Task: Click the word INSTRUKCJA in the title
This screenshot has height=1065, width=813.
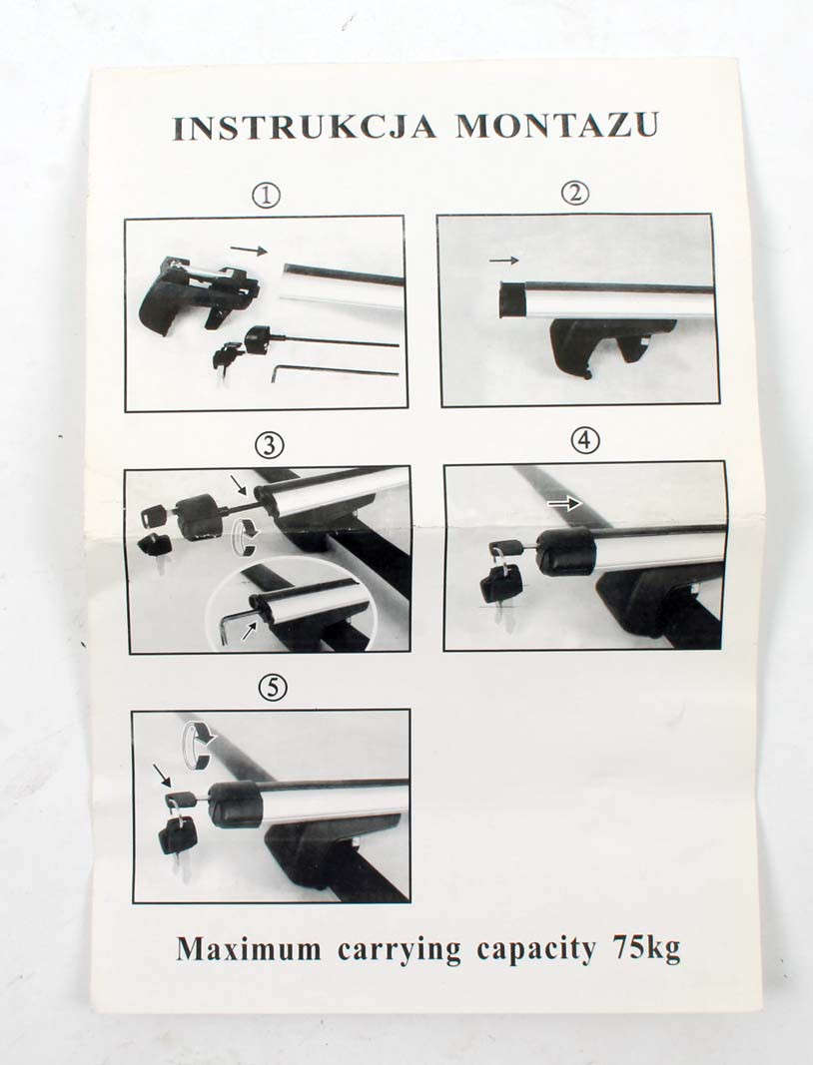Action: pyautogui.click(x=304, y=127)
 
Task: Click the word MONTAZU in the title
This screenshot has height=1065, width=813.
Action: pyautogui.click(x=557, y=125)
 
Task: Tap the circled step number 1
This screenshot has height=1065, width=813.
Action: pyautogui.click(x=267, y=197)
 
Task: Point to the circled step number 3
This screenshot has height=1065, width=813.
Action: pyautogui.click(x=270, y=445)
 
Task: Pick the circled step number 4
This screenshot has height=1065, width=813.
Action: pyautogui.click(x=584, y=441)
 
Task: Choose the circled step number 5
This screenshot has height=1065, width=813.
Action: pyautogui.click(x=273, y=688)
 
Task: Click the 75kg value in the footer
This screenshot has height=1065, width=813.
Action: pyautogui.click(x=646, y=948)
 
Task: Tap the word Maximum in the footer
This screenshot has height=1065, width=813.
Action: pyautogui.click(x=249, y=949)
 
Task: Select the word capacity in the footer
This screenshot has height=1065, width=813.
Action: pyautogui.click(x=535, y=949)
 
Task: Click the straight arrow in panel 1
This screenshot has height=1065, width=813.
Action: pyautogui.click(x=248, y=250)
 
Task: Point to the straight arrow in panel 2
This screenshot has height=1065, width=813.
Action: pyautogui.click(x=503, y=261)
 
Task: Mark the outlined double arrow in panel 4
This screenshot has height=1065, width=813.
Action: pyautogui.click(x=565, y=504)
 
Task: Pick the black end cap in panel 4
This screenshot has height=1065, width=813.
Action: pyautogui.click(x=565, y=552)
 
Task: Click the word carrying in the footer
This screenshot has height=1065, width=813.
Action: pyautogui.click(x=400, y=950)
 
